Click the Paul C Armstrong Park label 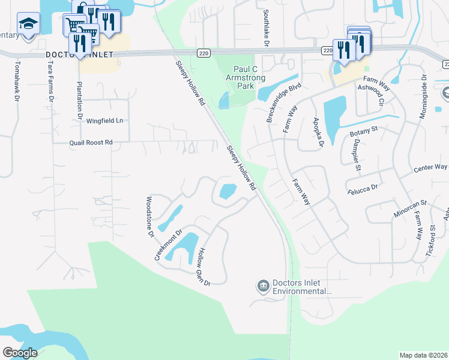(x=245, y=77)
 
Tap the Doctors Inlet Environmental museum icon (x=263, y=287)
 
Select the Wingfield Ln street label (x=104, y=121)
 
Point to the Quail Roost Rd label (x=91, y=143)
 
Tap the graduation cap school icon (x=28, y=24)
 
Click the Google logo (x=20, y=353)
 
